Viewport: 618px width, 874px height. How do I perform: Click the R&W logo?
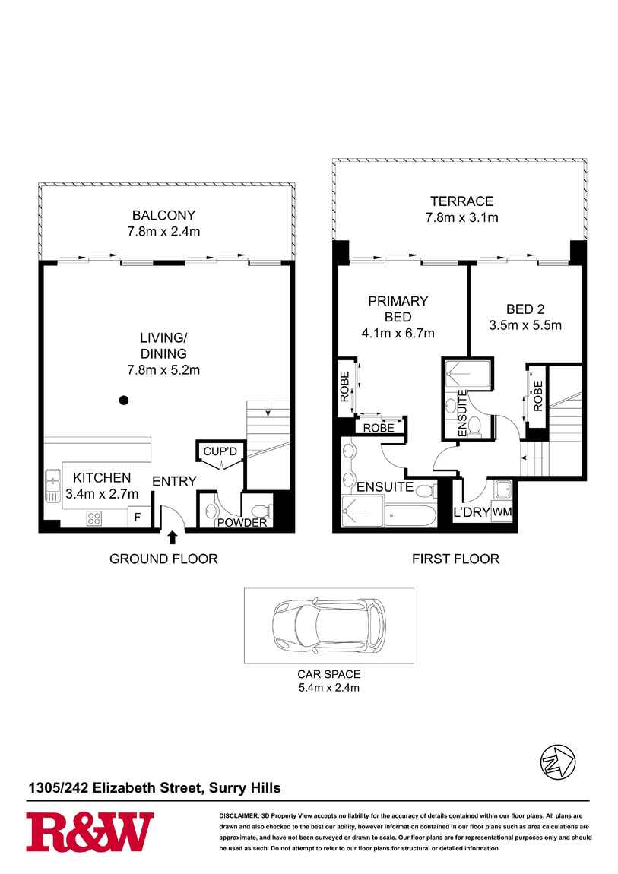[90, 831]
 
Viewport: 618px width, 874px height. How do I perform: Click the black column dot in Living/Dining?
[124, 400]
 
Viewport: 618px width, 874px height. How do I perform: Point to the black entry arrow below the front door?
[172, 537]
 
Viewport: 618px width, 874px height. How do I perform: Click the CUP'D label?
[220, 451]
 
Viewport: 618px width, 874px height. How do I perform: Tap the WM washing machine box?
[502, 512]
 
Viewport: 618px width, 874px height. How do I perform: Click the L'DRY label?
[471, 512]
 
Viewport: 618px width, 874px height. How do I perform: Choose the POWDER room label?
[242, 523]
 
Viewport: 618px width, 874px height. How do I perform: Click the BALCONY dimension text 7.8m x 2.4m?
[165, 231]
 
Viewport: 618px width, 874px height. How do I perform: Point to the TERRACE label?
[461, 201]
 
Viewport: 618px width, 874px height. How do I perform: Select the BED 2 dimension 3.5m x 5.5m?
[525, 326]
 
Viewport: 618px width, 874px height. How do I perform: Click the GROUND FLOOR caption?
[163, 559]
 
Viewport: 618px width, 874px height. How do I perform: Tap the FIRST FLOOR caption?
[455, 559]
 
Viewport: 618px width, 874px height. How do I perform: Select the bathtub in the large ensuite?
[410, 517]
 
